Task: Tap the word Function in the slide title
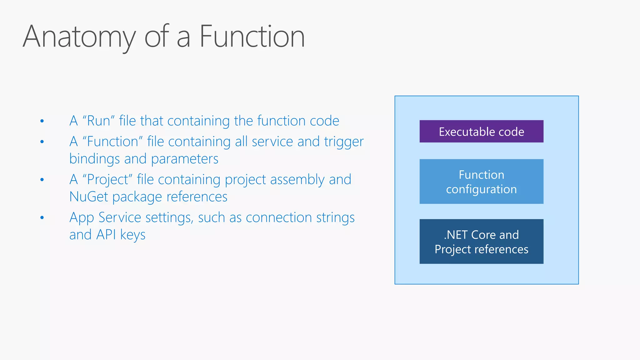click(252, 37)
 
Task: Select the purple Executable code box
click(481, 132)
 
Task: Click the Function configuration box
click(481, 182)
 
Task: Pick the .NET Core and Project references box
click(481, 242)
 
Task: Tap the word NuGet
click(88, 197)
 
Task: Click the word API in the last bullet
click(106, 235)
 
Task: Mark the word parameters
click(185, 159)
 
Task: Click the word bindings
click(94, 159)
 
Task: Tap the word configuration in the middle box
click(481, 189)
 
